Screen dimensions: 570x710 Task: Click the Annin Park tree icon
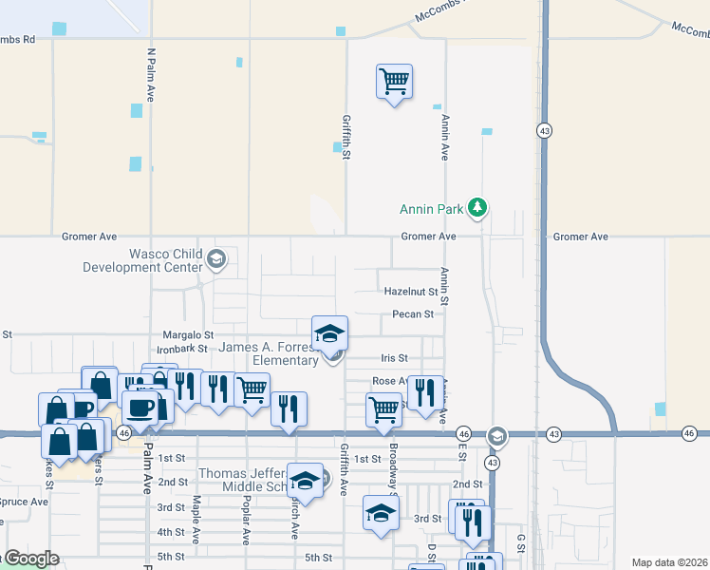point(479,207)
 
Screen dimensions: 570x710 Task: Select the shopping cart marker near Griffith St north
point(394,81)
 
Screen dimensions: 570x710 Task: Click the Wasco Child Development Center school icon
point(216,259)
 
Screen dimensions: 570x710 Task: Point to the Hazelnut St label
point(410,292)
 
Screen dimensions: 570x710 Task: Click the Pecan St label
point(413,314)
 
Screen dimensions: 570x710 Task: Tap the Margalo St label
point(188,335)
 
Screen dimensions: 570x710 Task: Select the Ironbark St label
point(181,349)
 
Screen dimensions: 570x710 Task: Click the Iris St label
point(394,358)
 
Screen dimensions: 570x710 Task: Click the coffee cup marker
point(141,408)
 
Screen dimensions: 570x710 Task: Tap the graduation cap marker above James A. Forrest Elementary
point(330,332)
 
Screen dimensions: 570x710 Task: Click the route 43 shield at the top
point(544,131)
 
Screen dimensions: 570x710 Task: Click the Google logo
point(30,559)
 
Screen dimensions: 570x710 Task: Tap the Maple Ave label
point(196,519)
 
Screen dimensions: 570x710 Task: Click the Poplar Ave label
point(246,519)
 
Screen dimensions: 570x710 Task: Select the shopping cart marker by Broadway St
point(384,410)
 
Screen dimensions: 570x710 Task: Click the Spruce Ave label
point(23,502)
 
